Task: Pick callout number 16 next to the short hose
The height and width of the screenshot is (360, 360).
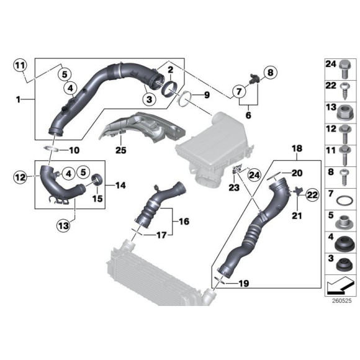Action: (x=184, y=221)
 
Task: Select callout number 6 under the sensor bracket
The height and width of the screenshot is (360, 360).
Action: (x=247, y=115)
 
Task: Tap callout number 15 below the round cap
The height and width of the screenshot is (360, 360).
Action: (x=96, y=199)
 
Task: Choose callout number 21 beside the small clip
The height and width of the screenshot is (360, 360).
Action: (x=297, y=217)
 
